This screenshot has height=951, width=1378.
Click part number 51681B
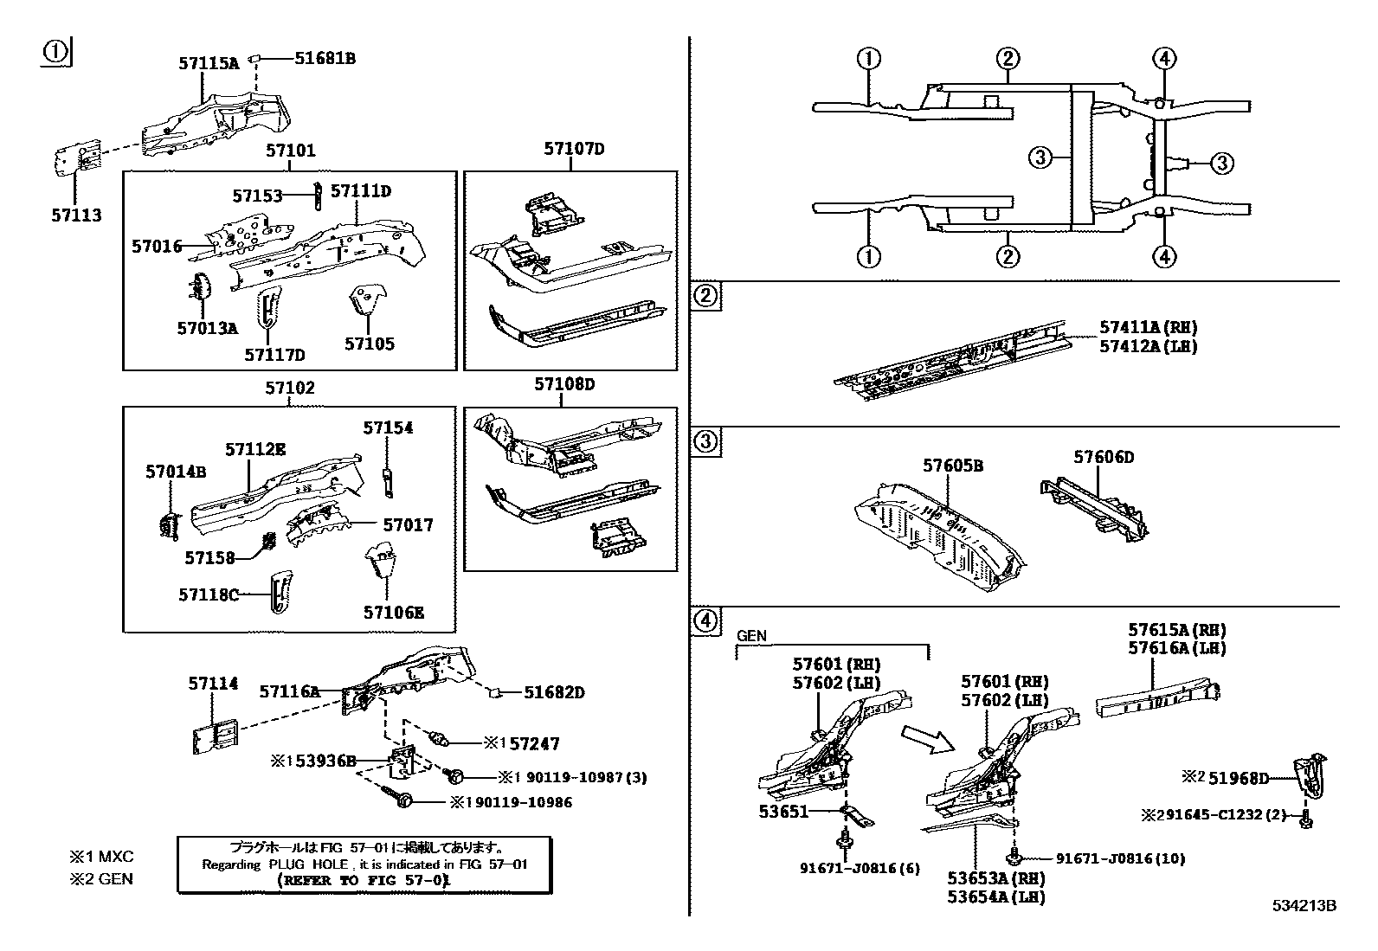(x=325, y=59)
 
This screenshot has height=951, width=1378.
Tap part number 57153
(x=257, y=196)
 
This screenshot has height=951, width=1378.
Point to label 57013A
(x=207, y=328)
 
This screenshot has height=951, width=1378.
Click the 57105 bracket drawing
(x=364, y=302)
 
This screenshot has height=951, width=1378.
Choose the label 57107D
(x=574, y=149)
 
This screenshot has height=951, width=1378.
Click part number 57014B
(x=176, y=472)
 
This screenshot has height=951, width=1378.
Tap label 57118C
(x=209, y=594)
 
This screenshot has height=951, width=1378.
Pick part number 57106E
(x=394, y=613)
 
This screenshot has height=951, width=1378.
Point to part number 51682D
(x=554, y=692)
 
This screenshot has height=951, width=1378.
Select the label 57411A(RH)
(x=1148, y=327)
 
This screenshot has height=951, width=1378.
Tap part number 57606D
(x=1104, y=457)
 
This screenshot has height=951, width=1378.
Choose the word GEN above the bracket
(x=751, y=635)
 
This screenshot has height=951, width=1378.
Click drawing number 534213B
(x=1304, y=905)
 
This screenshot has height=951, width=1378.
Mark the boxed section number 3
(x=706, y=442)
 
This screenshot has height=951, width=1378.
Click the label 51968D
(x=1239, y=778)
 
